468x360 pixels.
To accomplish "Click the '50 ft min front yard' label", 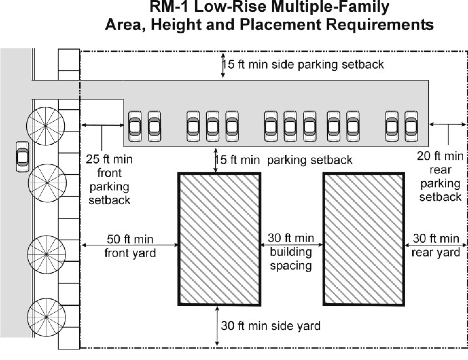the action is pos(130,246).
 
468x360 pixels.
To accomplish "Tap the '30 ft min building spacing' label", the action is pos(291,252).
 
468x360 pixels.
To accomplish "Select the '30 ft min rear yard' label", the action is pos(436,246).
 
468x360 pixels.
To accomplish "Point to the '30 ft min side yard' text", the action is pos(271,326).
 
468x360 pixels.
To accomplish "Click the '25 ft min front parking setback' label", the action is pos(109,179).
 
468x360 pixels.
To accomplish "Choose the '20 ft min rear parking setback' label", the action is pos(440,176).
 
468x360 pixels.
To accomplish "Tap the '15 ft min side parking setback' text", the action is pos(303,64).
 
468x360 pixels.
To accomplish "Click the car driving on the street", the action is pos(23,157).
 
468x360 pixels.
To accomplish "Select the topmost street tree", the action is pos(46,126).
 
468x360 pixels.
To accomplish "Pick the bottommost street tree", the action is pos(46,317).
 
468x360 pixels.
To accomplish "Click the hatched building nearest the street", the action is pos(219,239).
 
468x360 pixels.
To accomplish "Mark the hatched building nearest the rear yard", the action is pos(363,239).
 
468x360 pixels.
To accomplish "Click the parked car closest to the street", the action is pos(135,126).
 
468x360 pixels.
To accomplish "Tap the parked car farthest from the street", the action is pos(411,126).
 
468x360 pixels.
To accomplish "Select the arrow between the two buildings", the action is pos(291,245).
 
